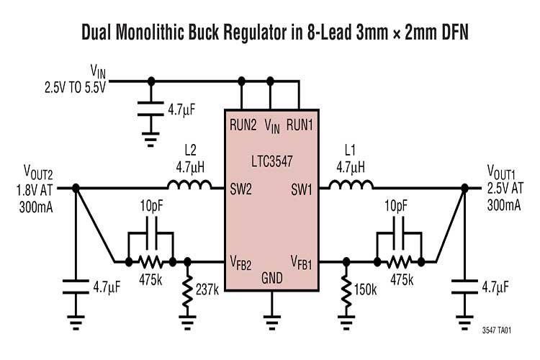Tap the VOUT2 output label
[37, 173]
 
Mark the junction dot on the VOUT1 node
[464, 188]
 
